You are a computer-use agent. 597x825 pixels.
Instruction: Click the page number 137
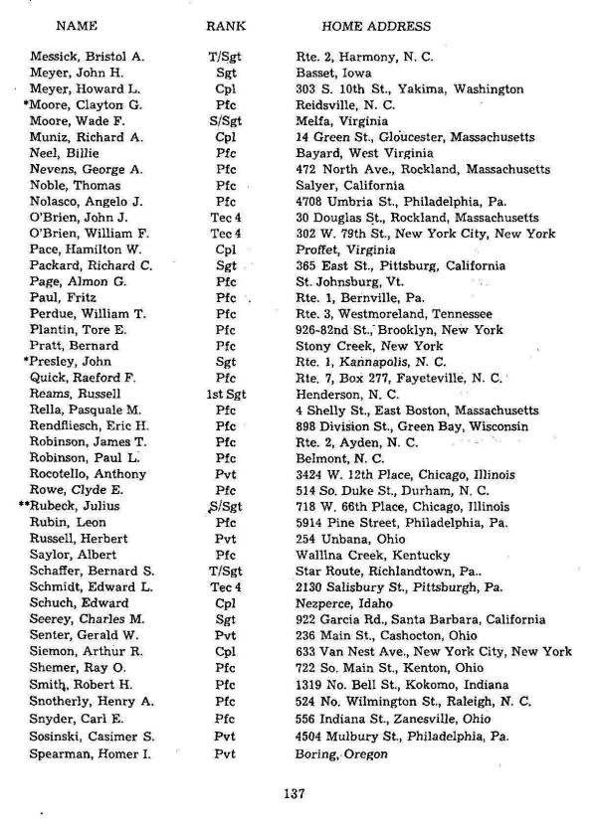tap(293, 793)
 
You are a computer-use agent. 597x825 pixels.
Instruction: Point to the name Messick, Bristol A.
tap(87, 58)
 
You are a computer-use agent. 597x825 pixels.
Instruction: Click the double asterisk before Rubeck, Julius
tap(25, 506)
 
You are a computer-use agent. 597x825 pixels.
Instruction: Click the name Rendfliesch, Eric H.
tap(89, 426)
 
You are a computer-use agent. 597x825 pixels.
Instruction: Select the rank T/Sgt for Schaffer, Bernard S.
tap(225, 571)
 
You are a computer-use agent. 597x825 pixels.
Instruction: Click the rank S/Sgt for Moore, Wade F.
tap(225, 122)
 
